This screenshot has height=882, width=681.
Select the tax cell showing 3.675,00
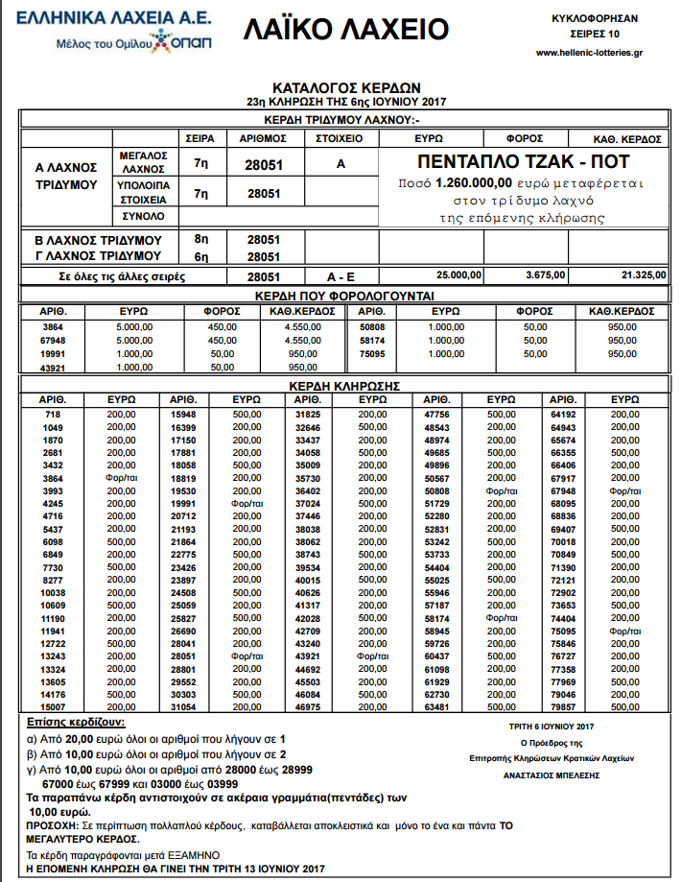coord(547,275)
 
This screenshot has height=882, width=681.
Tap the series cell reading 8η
coord(200,240)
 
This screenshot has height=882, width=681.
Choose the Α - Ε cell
coord(340,275)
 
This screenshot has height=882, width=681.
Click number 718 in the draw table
coord(52,415)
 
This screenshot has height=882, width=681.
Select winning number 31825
coord(308,415)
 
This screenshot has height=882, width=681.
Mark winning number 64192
coord(561,415)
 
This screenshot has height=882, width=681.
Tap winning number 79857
coord(561,706)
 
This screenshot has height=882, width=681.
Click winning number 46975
coord(308,706)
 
